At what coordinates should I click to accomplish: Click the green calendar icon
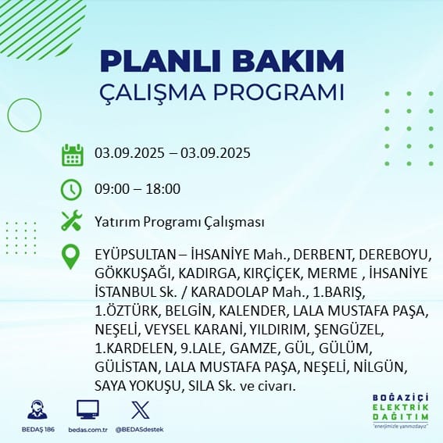pyautogui.click(x=73, y=155)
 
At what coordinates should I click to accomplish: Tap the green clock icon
pyautogui.click(x=71, y=190)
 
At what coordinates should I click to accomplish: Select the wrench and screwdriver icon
pyautogui.click(x=72, y=220)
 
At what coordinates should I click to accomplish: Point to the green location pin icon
pyautogui.click(x=70, y=256)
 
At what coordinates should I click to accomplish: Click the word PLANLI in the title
pyautogui.click(x=160, y=61)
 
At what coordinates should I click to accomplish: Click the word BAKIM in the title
pyautogui.click(x=288, y=61)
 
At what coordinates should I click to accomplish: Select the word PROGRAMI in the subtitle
pyautogui.click(x=279, y=92)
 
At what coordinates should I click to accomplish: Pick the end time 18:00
pyautogui.click(x=163, y=189)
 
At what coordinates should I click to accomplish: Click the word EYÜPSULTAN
pyautogui.click(x=137, y=255)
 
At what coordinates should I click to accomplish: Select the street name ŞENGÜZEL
pyautogui.click(x=349, y=330)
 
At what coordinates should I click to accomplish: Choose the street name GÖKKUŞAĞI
pyautogui.click(x=134, y=273)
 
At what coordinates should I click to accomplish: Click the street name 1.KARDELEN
pyautogui.click(x=134, y=348)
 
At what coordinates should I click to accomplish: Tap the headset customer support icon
pyautogui.click(x=38, y=409)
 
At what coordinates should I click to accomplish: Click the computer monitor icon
pyautogui.click(x=88, y=409)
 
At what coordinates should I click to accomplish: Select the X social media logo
pyautogui.click(x=141, y=409)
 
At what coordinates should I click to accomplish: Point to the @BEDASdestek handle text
pyautogui.click(x=139, y=430)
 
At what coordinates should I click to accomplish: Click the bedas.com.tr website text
pyautogui.click(x=88, y=430)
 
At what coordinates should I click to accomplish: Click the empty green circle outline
pyautogui.click(x=8, y=116)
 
